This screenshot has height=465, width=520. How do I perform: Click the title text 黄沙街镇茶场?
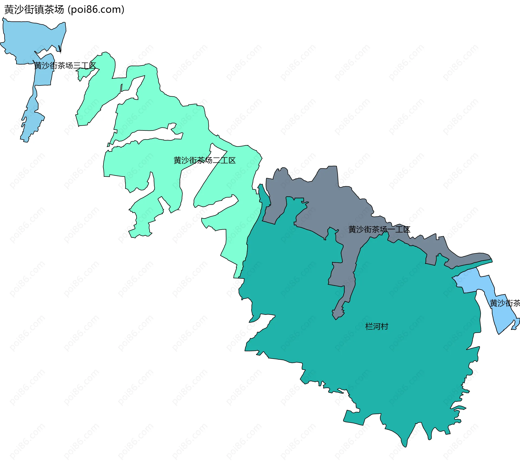click(x=34, y=10)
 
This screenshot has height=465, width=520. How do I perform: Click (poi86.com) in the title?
click(x=96, y=10)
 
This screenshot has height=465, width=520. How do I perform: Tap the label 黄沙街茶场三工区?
click(x=65, y=66)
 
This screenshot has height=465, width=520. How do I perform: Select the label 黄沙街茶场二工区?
click(x=204, y=161)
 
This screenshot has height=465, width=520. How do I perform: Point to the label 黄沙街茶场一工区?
click(x=379, y=230)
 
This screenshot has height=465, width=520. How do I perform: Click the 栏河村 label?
click(x=376, y=326)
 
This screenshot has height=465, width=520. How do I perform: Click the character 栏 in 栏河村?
click(x=369, y=326)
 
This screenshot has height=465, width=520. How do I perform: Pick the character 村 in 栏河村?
click(x=384, y=326)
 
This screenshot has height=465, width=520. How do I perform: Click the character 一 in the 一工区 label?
click(x=391, y=230)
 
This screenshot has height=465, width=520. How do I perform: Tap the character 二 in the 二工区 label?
click(x=216, y=161)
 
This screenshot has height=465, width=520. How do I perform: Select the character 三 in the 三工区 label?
click(x=77, y=66)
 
